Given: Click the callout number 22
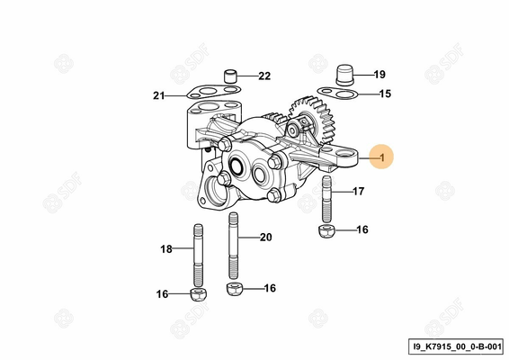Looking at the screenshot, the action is pyautogui.click(x=264, y=76).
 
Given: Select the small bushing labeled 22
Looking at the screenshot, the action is pyautogui.click(x=230, y=76).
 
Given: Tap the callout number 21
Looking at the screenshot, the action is pyautogui.click(x=159, y=95).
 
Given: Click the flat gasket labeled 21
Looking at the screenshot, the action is pyautogui.click(x=213, y=91).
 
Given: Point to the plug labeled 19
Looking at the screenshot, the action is pyautogui.click(x=344, y=75).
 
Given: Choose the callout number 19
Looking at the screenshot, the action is pyautogui.click(x=380, y=75).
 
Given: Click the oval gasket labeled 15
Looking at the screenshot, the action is pyautogui.click(x=337, y=94).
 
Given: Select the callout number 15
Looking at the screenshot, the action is pyautogui.click(x=385, y=94).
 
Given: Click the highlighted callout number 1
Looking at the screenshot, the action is pyautogui.click(x=382, y=157).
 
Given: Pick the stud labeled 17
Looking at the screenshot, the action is pyautogui.click(x=326, y=199).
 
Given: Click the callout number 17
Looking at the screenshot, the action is pyautogui.click(x=359, y=192).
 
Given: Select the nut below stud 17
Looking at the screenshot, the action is pyautogui.click(x=326, y=230).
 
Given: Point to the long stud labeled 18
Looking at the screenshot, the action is pyautogui.click(x=199, y=256).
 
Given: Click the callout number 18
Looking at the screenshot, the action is pyautogui.click(x=166, y=249).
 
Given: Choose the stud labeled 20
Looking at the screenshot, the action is pyautogui.click(x=234, y=246).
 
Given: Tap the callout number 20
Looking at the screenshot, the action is pyautogui.click(x=265, y=238).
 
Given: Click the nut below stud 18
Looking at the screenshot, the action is pyautogui.click(x=199, y=294).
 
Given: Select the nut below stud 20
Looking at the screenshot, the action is pyautogui.click(x=235, y=289).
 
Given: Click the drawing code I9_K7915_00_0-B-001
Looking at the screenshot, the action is pyautogui.click(x=457, y=346).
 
